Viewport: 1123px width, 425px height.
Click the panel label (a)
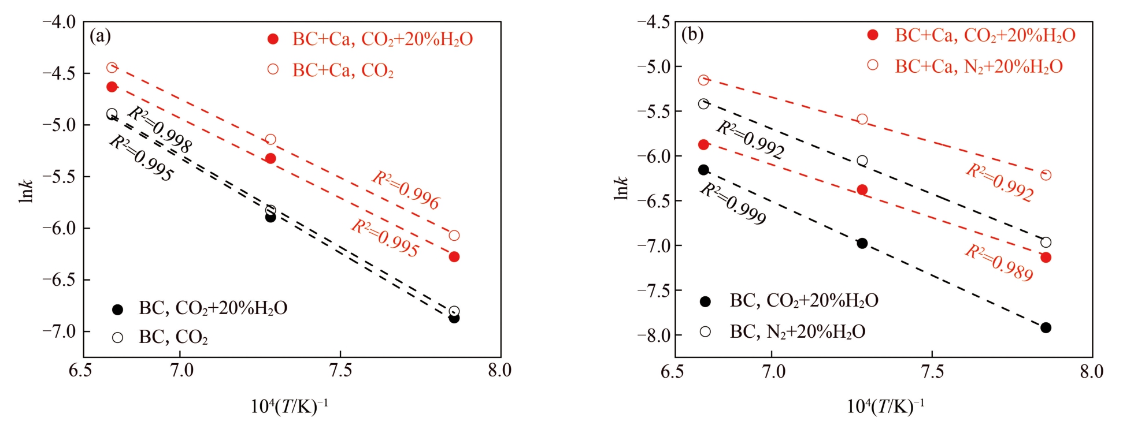(100, 36)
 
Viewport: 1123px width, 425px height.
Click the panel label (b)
(692, 35)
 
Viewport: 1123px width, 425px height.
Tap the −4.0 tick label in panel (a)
(59, 23)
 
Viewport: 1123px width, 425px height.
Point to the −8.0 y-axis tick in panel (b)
(653, 335)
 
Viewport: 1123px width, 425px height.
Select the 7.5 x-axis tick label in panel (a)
(340, 371)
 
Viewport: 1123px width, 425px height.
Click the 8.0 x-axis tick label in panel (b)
(1091, 371)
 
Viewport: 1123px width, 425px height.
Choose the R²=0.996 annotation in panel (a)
(406, 190)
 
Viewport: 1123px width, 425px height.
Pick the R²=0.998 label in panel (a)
(159, 130)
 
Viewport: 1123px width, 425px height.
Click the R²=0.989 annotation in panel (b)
(999, 263)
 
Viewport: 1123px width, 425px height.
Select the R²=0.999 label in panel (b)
(733, 204)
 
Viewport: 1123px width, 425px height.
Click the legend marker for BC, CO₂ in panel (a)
(117, 337)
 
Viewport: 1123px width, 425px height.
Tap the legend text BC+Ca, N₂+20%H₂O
(979, 67)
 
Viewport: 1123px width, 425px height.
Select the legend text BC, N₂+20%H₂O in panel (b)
(798, 332)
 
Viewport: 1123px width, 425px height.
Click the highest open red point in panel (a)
(112, 68)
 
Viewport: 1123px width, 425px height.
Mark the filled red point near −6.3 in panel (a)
(454, 256)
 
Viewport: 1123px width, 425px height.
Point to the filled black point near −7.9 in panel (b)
(1046, 327)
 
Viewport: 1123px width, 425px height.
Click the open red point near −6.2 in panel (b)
(1046, 175)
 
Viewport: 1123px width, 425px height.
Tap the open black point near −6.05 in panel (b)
(862, 161)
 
